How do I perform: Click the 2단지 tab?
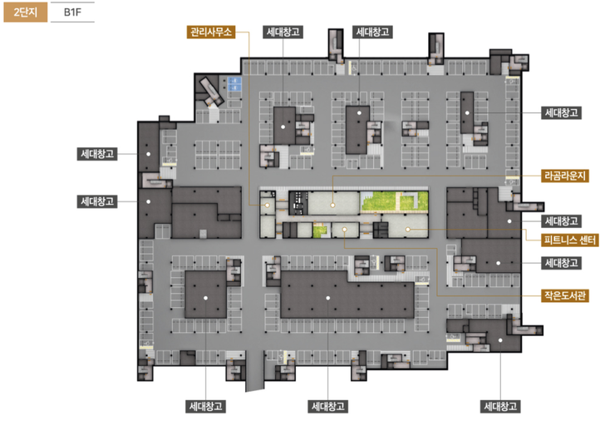coord(26,12)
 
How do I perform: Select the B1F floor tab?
coord(73,12)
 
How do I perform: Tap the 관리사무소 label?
coord(211,32)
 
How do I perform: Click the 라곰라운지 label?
coord(565,176)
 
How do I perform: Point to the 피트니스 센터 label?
coord(570,240)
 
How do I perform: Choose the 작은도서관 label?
coord(565,295)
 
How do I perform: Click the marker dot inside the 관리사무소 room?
coord(268,206)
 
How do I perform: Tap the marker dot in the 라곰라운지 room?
coord(332,205)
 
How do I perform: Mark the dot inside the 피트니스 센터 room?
coord(408,230)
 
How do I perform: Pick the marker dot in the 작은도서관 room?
coord(344,230)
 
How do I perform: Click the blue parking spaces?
coord(234,84)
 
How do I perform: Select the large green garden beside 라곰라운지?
coord(394,202)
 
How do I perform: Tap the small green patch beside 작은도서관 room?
coord(319,230)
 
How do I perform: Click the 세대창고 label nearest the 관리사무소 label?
coord(283,32)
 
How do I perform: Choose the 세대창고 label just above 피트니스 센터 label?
coord(561,221)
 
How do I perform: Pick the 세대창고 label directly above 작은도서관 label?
coord(561,263)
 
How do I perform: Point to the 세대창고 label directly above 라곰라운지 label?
coord(561,113)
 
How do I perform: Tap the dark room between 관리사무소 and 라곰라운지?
coord(298,203)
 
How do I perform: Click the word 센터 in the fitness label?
coord(587,240)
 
